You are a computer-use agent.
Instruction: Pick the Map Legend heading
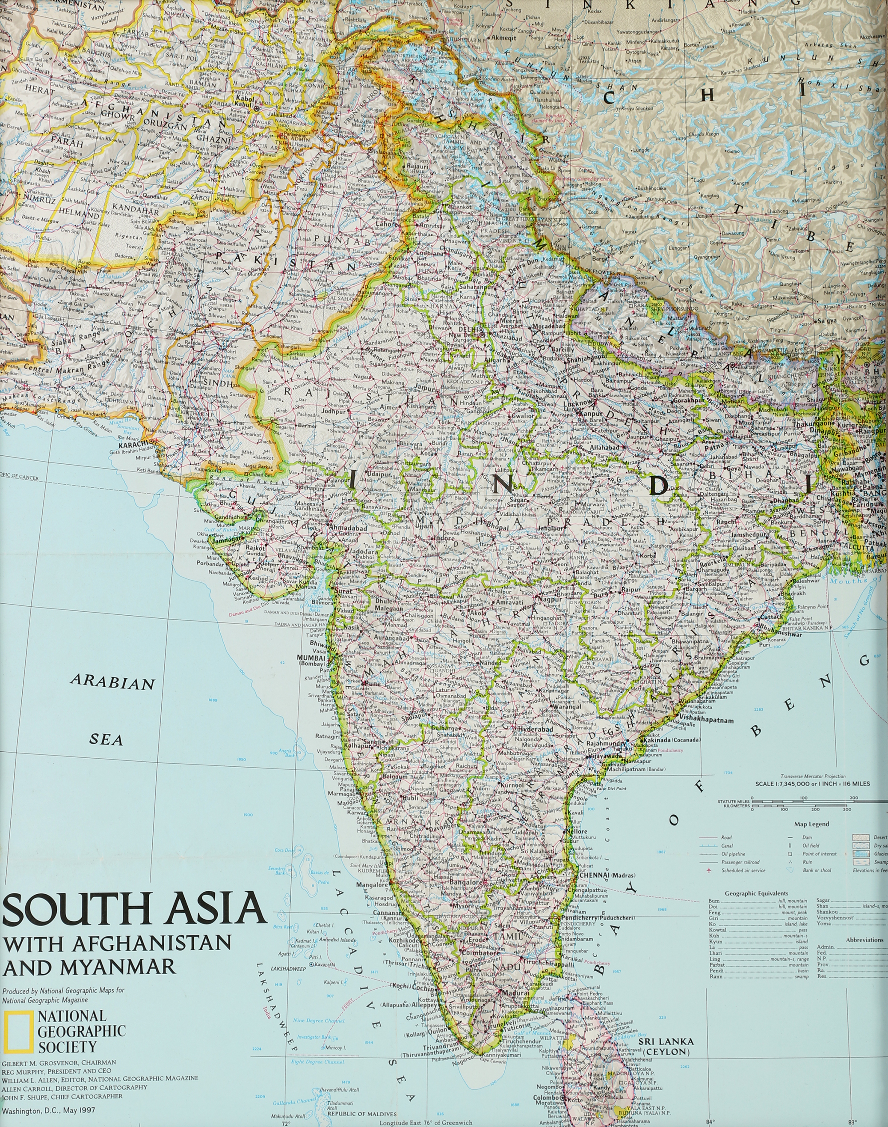click(811, 824)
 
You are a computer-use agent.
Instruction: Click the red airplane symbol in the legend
click(709, 871)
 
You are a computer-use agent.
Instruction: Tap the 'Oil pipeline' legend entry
click(733, 854)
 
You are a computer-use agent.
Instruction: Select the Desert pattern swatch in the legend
click(860, 837)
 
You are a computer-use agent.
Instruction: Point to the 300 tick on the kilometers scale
click(847, 809)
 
